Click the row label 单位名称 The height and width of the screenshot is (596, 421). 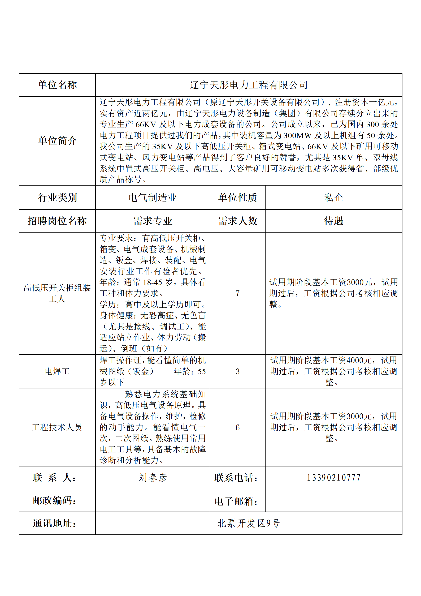[57, 85]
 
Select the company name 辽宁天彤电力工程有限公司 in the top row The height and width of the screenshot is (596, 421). [249, 85]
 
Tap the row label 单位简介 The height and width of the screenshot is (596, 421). [57, 141]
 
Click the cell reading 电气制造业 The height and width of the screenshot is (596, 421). [153, 198]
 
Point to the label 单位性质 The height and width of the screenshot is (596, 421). [237, 198]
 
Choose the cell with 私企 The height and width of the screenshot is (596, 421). [333, 198]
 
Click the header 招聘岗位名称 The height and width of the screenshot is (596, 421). [57, 221]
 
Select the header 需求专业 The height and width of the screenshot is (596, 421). [153, 221]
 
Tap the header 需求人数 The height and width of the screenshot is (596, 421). [237, 221]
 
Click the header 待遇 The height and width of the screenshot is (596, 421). [333, 221]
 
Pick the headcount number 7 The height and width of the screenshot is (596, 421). [237, 293]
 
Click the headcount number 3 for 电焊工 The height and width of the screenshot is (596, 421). [237, 371]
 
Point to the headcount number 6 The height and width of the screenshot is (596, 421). [237, 427]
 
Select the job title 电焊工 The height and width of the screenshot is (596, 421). [57, 371]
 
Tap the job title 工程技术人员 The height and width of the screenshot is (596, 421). [57, 427]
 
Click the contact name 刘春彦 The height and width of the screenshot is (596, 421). [153, 478]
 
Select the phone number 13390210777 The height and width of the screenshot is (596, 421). [333, 478]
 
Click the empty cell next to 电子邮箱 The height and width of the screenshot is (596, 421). [333, 500]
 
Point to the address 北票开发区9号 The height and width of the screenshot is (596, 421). [249, 523]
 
